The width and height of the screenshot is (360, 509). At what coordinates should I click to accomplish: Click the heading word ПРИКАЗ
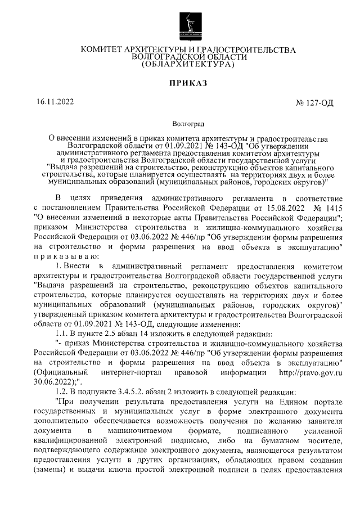pos(188,84)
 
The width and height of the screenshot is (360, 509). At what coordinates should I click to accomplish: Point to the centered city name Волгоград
pos(188,122)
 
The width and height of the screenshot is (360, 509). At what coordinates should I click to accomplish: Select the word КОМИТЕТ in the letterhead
pos(104,50)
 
